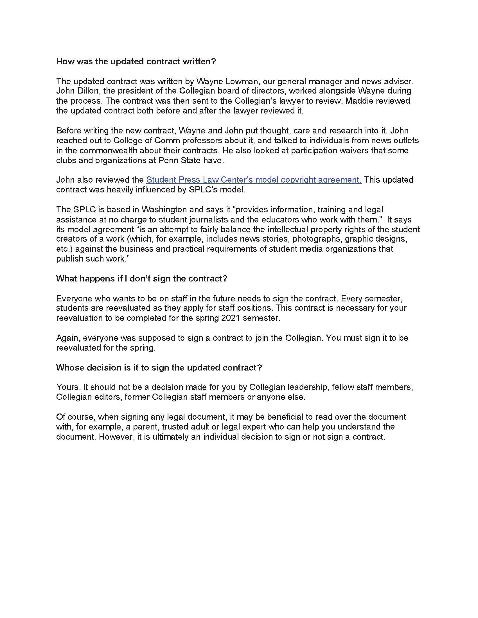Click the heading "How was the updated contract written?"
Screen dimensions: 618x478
pos(136,62)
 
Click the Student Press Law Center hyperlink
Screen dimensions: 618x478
pos(253,180)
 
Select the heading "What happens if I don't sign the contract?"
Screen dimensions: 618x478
pos(142,279)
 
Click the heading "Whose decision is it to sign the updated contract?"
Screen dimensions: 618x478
pos(159,368)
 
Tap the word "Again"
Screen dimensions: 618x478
pos(67,338)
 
